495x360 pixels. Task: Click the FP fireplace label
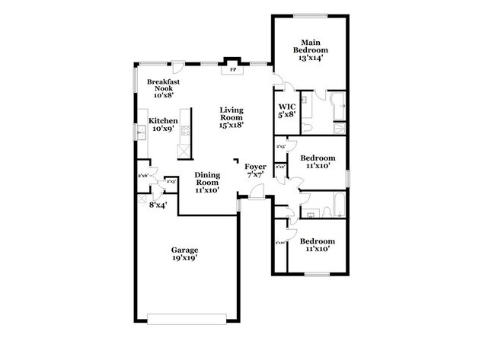[x=232, y=69]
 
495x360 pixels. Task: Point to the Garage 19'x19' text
[x=184, y=253]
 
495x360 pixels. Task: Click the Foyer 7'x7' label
[x=255, y=170]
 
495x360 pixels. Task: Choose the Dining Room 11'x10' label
[x=207, y=183]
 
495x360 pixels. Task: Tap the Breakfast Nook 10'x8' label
[x=164, y=88]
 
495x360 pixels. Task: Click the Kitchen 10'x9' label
[x=163, y=125]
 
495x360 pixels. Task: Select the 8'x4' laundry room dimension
[x=158, y=205]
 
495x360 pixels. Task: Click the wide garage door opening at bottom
[x=184, y=319]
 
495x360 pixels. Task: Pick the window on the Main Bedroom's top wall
[x=309, y=14]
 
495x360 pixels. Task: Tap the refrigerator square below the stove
[x=184, y=150]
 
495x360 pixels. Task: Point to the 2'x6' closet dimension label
[x=142, y=176]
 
